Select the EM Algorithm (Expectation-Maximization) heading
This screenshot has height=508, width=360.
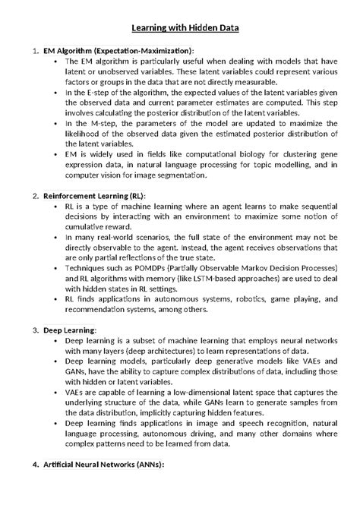click(118, 50)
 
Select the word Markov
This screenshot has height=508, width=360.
click(252, 268)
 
